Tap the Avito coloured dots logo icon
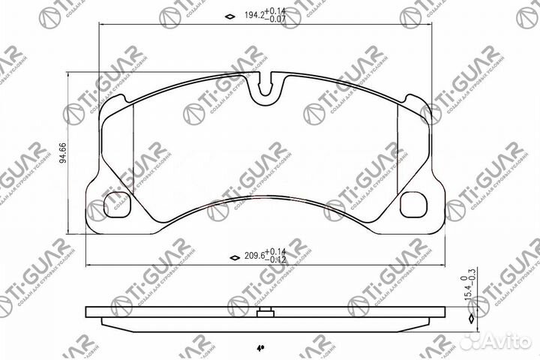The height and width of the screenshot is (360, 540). click(472, 340)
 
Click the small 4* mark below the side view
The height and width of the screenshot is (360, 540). click(259, 349)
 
